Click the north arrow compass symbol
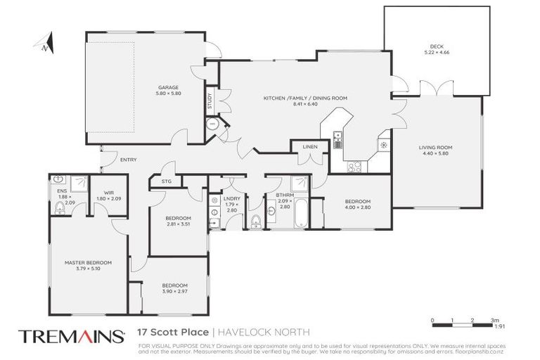[45, 43]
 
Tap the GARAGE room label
[169, 88]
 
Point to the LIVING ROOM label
[435, 147]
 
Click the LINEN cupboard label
[310, 147]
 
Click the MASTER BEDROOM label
[88, 262]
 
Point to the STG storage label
[166, 181]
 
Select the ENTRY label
[129, 160]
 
